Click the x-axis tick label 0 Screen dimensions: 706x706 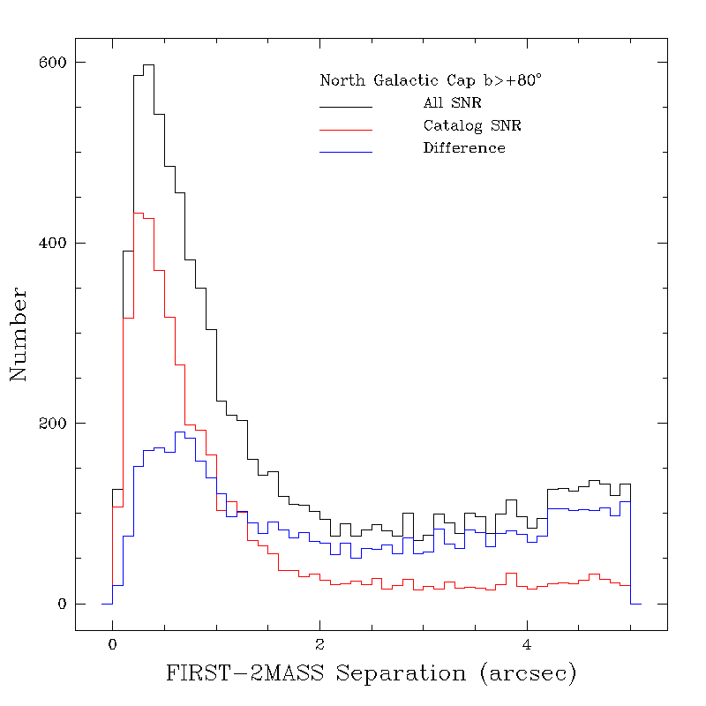112,645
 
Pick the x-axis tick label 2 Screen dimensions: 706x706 319,645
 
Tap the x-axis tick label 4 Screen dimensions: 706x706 527,645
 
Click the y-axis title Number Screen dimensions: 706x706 19,334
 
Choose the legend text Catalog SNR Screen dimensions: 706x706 472,125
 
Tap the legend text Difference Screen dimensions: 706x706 464,148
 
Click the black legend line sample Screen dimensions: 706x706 346,107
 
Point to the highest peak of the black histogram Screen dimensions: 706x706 149,64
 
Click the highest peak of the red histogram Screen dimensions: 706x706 139,214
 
